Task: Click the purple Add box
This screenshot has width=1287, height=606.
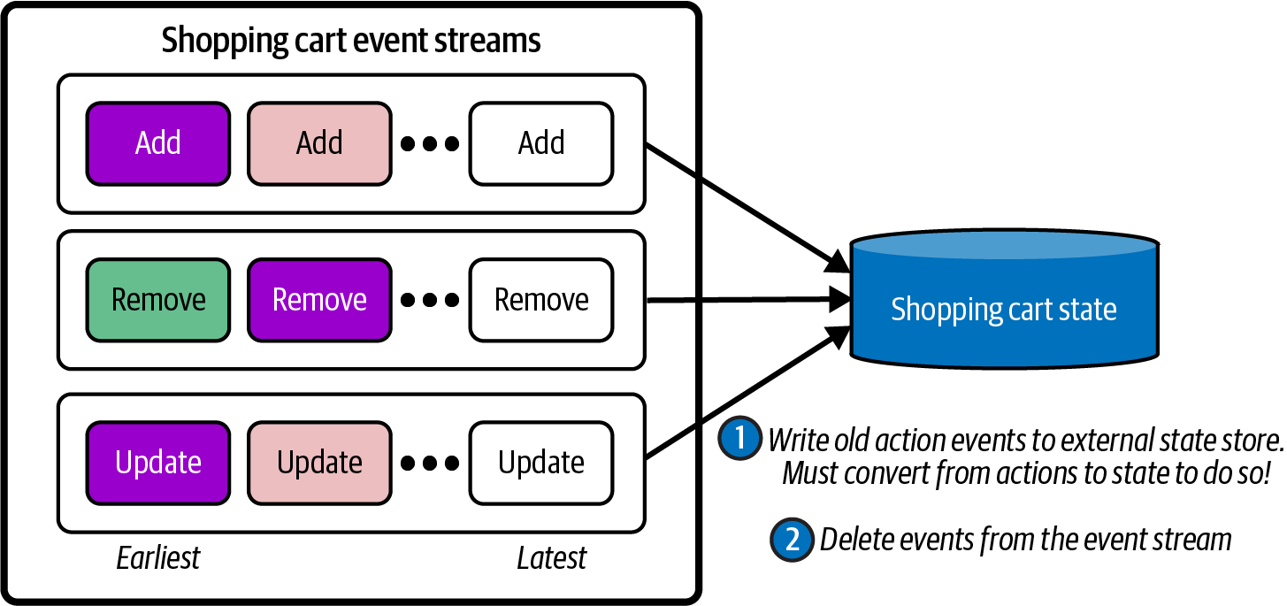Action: coord(158,143)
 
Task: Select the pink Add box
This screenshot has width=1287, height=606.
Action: coord(319,143)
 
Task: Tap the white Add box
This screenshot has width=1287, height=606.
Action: coord(541,143)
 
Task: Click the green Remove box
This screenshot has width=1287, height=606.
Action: coord(158,300)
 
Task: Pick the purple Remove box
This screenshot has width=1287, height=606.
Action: coord(319,300)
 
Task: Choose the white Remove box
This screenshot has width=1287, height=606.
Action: coord(541,300)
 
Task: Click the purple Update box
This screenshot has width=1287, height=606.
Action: coord(158,462)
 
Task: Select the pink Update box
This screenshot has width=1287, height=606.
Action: coord(319,462)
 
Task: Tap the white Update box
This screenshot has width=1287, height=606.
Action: coord(541,462)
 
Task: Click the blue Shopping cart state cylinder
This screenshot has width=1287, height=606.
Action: coord(1003,305)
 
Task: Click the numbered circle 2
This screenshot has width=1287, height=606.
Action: coord(792,540)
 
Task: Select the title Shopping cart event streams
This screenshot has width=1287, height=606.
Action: coord(351,41)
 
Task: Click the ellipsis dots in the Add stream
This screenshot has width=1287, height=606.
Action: coord(430,144)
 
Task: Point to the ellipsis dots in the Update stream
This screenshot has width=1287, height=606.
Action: coord(430,463)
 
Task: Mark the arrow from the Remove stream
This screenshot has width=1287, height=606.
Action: coord(743,301)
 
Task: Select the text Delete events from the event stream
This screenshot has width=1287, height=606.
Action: coord(1025,540)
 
